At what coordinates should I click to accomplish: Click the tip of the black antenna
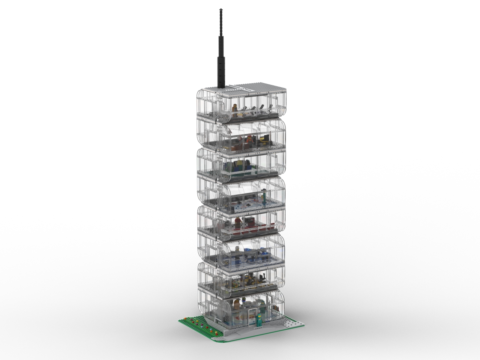click(x=221, y=9)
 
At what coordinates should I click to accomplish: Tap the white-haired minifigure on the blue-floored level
click(x=237, y=249)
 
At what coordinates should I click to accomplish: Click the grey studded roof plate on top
click(x=255, y=87)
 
